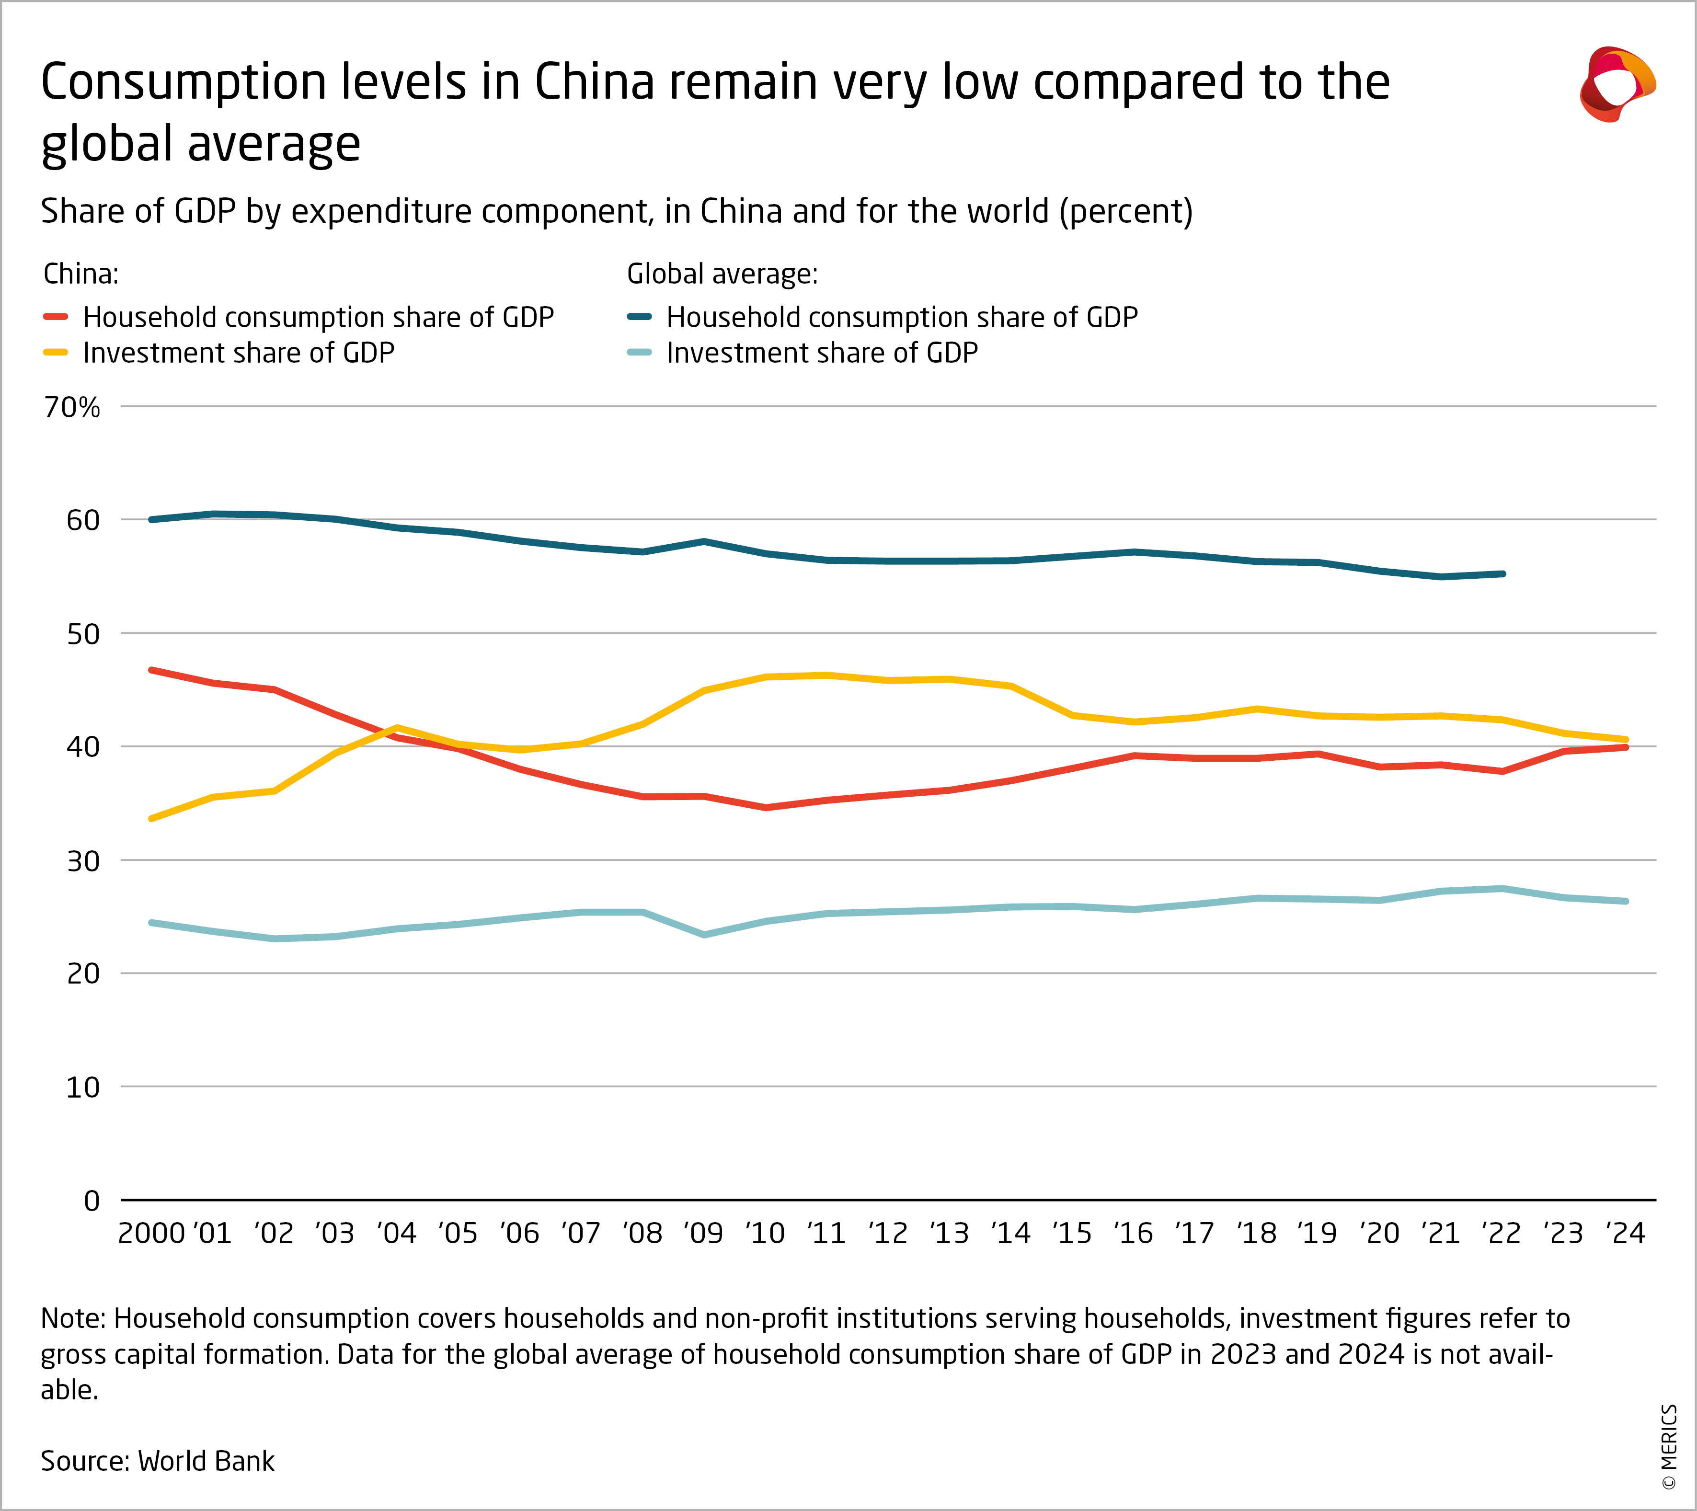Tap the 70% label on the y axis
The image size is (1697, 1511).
coord(72,408)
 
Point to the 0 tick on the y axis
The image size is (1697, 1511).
coord(92,1201)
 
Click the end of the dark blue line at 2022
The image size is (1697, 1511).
coord(1503,573)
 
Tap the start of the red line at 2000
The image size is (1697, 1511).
coord(151,670)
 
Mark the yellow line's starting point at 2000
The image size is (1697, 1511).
coord(151,819)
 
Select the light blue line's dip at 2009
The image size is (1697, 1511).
coord(704,935)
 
